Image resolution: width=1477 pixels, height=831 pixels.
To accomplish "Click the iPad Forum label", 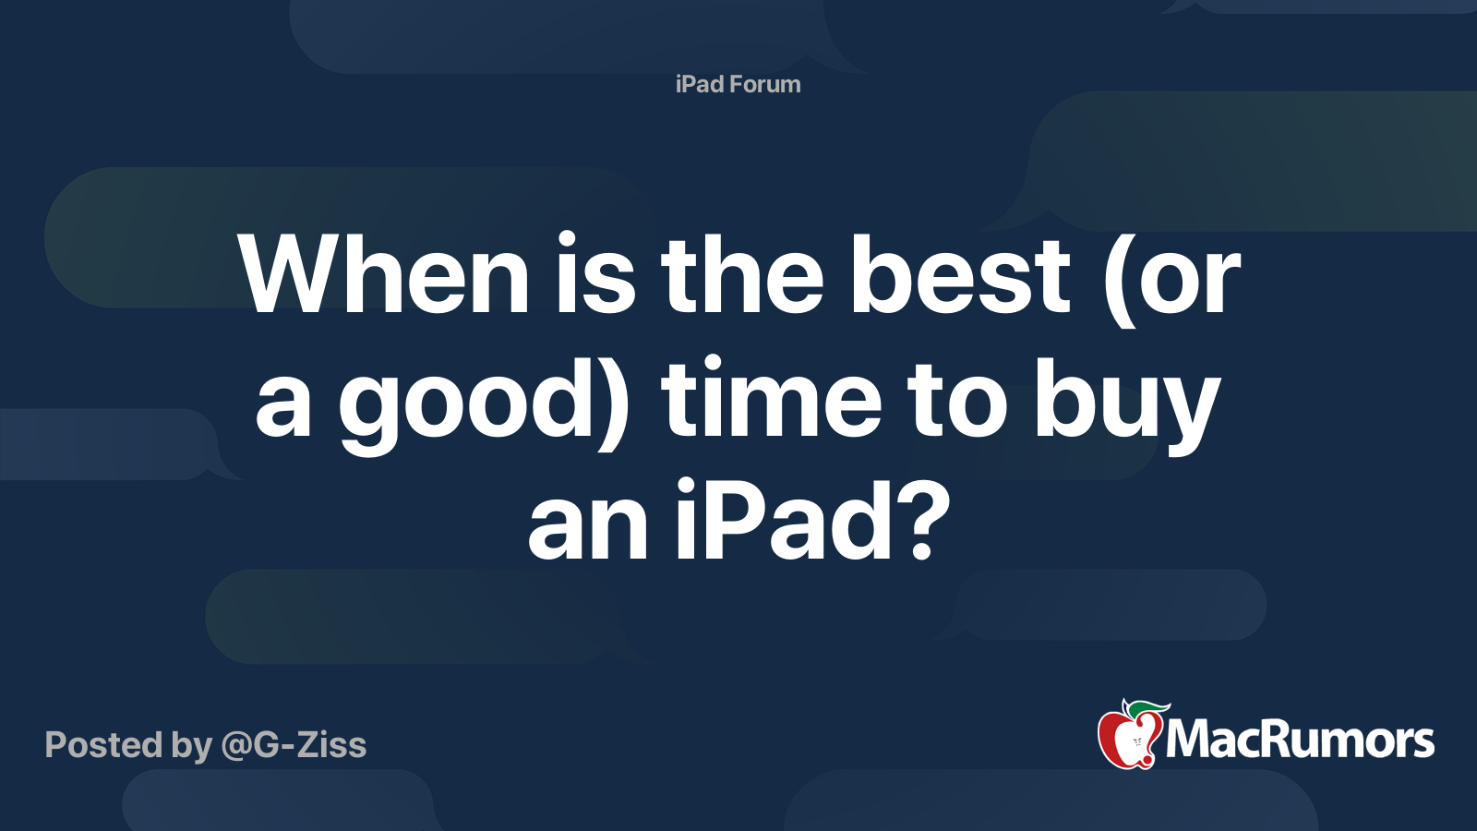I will coord(738,84).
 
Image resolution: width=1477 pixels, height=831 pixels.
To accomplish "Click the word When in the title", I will coord(383,275).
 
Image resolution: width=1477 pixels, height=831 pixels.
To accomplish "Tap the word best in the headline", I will coord(960,275).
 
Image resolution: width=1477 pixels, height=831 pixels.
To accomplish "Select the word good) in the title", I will coord(486,402).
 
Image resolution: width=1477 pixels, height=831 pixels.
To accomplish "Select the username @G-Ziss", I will coord(294,745).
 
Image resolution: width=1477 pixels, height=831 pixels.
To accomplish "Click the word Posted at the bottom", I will coord(102,745).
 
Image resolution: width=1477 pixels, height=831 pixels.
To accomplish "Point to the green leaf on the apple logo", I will coord(1145,708).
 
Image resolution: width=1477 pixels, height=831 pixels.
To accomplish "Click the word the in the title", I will coord(741,275).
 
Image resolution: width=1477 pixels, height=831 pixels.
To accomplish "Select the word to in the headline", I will coord(956,402).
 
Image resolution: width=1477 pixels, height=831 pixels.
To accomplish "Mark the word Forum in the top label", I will coord(764,84).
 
